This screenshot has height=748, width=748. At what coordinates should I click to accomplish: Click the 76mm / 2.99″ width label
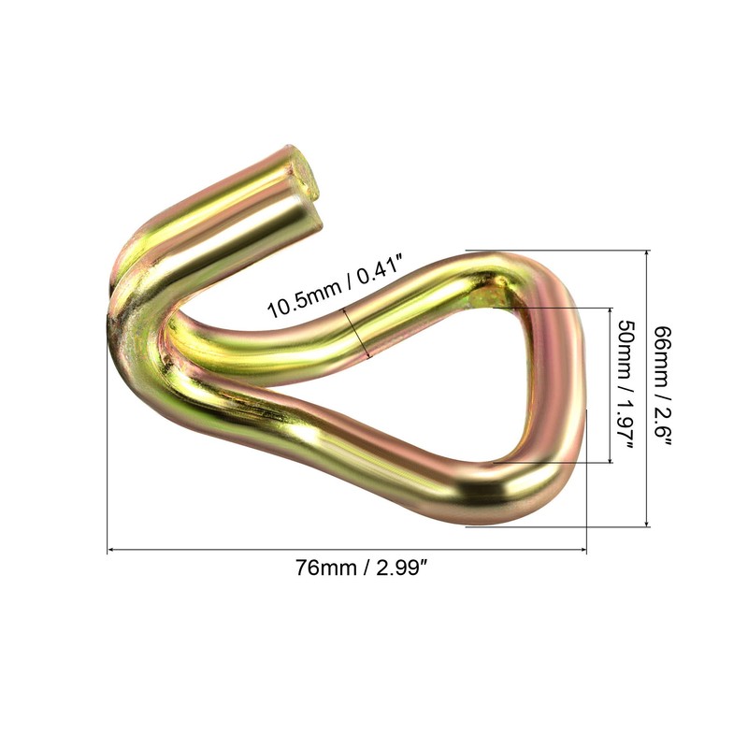360,568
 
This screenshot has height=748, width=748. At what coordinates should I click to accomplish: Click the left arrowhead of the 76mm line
109,550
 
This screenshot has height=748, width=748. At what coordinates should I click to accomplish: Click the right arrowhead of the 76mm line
583,550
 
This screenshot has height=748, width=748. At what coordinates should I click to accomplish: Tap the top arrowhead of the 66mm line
647,253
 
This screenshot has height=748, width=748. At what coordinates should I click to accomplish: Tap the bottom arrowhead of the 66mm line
647,524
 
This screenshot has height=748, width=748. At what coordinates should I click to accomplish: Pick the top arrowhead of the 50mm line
611,311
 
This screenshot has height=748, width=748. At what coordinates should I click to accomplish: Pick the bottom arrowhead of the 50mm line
611,459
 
